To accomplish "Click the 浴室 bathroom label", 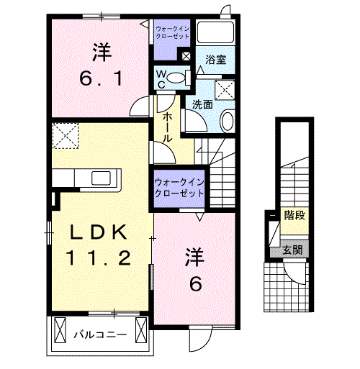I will pos(216,60).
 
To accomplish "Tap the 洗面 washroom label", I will pos(202,104).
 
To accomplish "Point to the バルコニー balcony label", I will pos(101,334).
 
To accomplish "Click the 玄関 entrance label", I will pos(292,250).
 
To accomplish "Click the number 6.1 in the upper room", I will pos(100,76).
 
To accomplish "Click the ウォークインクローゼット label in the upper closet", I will pos(173,32).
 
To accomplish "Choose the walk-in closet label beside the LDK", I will pos(178,188).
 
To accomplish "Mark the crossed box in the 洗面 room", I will pos(227,89).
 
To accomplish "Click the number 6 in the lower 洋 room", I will pos(194,283).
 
